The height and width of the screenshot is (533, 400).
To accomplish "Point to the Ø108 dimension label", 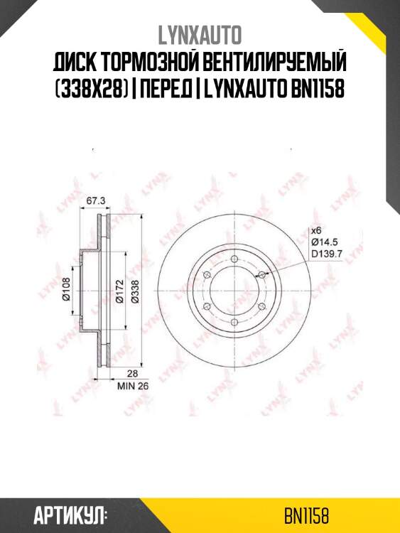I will click(66, 291).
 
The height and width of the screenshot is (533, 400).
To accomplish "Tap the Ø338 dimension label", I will click(134, 290).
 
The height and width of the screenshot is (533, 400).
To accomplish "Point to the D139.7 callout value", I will click(327, 254).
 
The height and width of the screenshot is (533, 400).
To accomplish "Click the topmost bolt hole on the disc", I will click(234, 258).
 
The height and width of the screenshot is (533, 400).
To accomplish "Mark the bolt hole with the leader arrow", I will click(261, 274).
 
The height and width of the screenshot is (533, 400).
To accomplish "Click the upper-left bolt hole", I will click(206, 274).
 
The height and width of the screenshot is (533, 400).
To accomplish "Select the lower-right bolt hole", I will click(261, 306).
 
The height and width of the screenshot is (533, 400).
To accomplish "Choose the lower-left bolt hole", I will click(206, 306).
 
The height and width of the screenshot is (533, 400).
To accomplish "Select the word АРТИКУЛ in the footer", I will click(69, 515).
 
